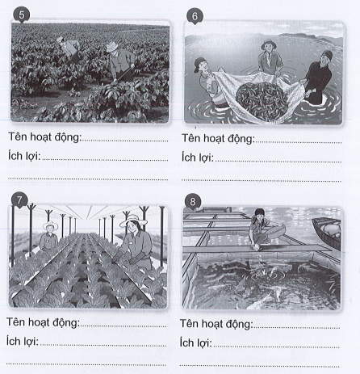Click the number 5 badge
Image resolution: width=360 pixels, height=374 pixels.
point(22,15)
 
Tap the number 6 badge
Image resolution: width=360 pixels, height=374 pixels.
point(195,16)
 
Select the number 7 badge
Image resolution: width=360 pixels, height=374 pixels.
point(19,200)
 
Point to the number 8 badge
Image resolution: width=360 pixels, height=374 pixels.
point(193,202)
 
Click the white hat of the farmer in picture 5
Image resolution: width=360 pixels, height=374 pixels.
point(111,47)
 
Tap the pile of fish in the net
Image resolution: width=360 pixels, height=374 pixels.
point(261,100)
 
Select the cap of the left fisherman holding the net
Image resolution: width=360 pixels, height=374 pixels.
point(199,64)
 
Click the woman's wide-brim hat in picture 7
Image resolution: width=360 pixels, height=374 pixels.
point(133,221)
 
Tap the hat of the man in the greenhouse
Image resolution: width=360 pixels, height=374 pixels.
point(50,225)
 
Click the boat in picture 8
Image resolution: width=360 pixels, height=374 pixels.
point(327,233)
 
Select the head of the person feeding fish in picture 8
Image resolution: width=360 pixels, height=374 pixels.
point(259,215)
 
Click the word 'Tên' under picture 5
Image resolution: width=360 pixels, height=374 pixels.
point(18,137)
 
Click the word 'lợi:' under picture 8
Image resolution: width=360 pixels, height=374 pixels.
point(202,343)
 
